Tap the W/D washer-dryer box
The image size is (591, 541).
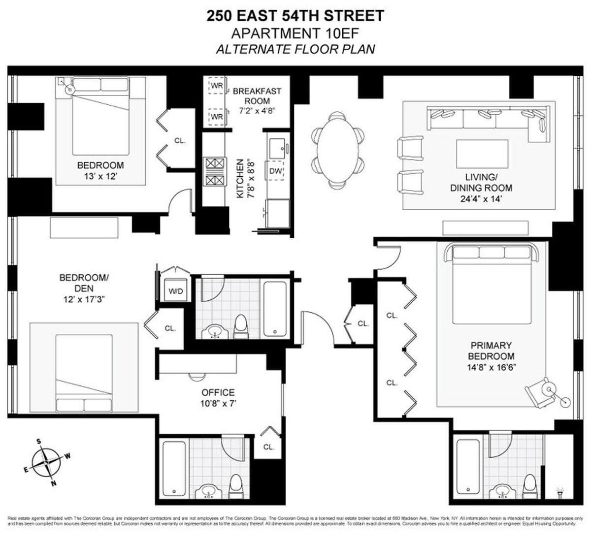point(175,291)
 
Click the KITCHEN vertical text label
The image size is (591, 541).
point(240,178)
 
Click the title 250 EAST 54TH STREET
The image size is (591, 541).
point(295,16)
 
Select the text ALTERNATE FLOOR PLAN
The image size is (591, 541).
point(295,49)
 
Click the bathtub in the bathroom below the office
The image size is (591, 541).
point(174,469)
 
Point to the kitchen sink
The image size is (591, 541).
point(276,146)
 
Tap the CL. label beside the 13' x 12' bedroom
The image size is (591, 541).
point(180,141)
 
